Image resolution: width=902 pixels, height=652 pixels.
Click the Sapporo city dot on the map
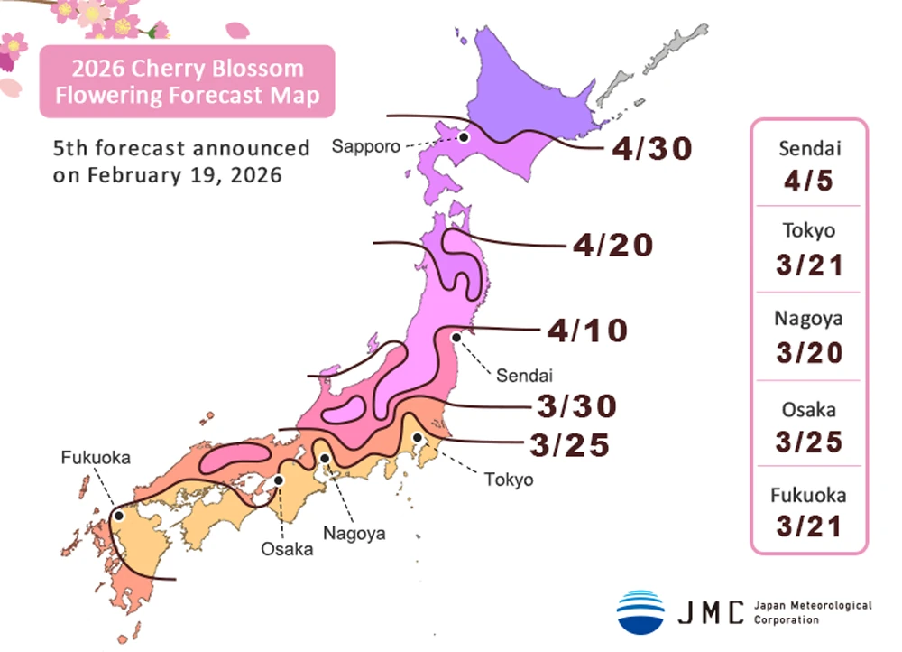tap(463, 137)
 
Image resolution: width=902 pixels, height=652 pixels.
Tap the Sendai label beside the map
tap(511, 375)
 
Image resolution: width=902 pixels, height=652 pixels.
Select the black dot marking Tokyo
tap(419, 438)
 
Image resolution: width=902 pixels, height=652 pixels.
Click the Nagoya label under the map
tap(355, 533)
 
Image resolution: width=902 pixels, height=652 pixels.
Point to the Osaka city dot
tap(280, 480)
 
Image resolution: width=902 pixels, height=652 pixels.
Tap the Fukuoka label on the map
tap(96, 458)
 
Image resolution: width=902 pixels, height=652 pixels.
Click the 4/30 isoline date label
tap(651, 148)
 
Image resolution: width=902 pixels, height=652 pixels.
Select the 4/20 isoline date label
tap(613, 245)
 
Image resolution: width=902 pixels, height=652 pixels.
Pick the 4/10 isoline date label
tap(586, 331)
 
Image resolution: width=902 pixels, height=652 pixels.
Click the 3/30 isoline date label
tap(576, 406)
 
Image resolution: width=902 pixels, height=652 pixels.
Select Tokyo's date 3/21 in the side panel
tap(808, 265)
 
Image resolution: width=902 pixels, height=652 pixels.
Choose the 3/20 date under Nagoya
tap(808, 351)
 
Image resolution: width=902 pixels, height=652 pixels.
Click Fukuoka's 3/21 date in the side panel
tap(808, 525)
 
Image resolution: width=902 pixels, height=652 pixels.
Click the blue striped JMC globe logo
tap(640, 611)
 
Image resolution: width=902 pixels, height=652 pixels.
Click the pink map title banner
tap(187, 82)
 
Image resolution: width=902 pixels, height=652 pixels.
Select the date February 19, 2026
tap(184, 175)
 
